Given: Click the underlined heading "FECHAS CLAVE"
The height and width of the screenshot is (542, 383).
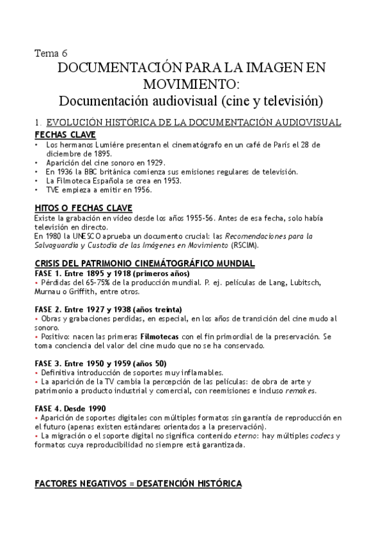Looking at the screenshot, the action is pos(65,135).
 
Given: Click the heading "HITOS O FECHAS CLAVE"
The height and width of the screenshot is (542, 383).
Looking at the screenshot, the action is pos(83,208).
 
